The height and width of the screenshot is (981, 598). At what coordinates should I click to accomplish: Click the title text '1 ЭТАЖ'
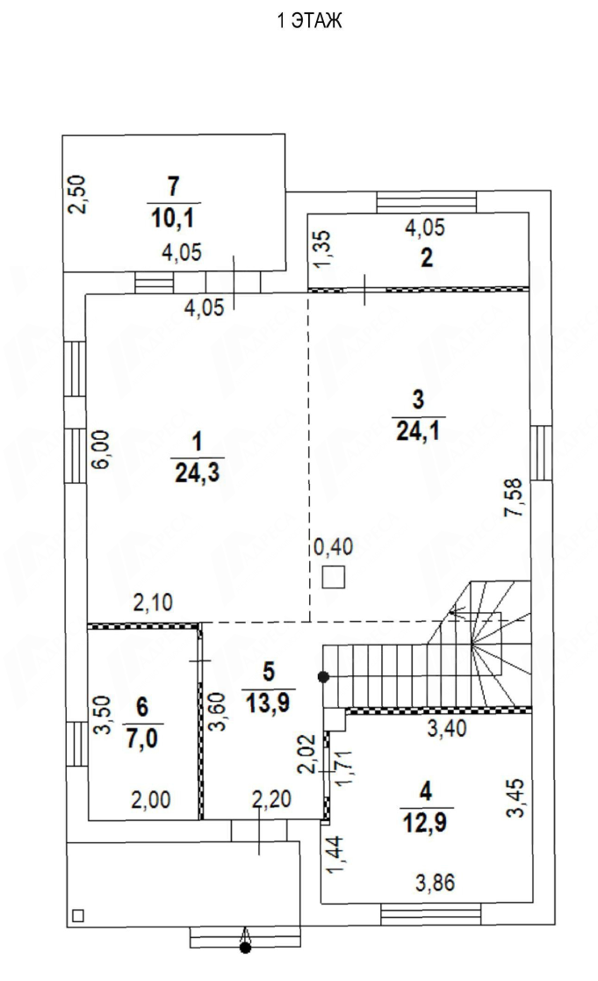(310, 21)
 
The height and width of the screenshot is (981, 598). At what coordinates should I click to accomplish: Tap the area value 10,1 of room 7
(172, 219)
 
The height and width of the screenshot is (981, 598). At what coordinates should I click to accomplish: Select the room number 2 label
(427, 257)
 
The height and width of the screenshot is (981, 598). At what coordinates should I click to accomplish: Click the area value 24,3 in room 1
(197, 473)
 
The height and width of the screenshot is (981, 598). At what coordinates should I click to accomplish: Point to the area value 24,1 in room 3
(418, 430)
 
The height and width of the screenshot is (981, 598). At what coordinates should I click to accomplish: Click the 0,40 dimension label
(334, 547)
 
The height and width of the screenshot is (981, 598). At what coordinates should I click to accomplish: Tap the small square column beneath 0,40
(334, 577)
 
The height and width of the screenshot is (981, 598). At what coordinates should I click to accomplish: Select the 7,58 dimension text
(515, 497)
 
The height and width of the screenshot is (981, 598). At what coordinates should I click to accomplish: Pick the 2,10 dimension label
(153, 602)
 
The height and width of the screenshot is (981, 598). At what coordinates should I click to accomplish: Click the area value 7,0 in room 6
(142, 739)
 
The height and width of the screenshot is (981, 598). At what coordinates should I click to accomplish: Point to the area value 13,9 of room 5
(268, 703)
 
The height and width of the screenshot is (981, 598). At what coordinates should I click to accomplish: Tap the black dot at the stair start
(323, 676)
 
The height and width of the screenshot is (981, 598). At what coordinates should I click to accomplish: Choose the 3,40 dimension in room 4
(447, 727)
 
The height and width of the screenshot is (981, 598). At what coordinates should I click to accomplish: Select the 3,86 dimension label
(436, 883)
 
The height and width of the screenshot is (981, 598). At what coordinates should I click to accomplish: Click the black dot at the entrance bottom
(246, 949)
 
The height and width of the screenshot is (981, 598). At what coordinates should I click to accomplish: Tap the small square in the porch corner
(78, 915)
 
